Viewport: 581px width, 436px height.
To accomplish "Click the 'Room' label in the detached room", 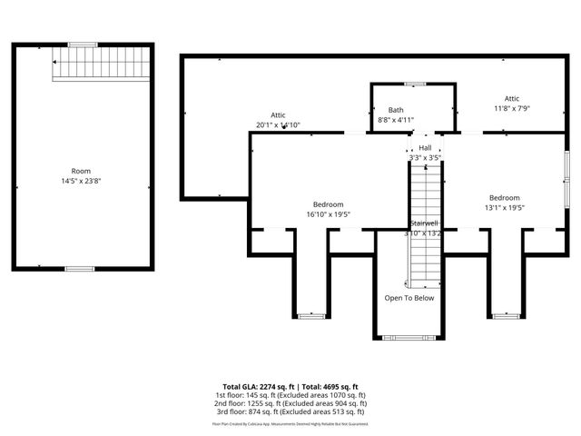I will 81,171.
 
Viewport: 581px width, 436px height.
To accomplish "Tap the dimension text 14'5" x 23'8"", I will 81,181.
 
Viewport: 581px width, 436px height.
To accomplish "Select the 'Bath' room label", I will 396,110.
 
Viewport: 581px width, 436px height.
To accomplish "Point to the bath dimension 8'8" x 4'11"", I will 396,120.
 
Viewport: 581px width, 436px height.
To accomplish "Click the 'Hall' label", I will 425,147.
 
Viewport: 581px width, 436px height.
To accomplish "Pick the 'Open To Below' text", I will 409,298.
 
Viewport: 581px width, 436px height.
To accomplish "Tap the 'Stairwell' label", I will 424,223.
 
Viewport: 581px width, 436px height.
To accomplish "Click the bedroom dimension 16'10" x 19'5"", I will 328,214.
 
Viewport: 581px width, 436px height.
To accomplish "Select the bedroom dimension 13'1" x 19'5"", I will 504,208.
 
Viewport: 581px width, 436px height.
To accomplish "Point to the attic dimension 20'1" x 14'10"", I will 278,125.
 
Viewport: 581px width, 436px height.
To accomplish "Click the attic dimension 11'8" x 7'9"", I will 512,108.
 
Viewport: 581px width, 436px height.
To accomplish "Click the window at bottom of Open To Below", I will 409,337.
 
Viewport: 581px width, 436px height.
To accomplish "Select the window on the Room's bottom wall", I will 80,269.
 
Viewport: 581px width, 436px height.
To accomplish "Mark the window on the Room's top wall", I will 83,45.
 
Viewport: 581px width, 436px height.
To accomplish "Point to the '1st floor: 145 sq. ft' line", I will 290,396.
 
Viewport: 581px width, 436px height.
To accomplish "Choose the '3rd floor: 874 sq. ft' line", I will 290,412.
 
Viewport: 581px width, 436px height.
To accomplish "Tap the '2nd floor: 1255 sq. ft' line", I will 290,404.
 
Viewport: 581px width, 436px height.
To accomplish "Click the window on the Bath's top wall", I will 414,84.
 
